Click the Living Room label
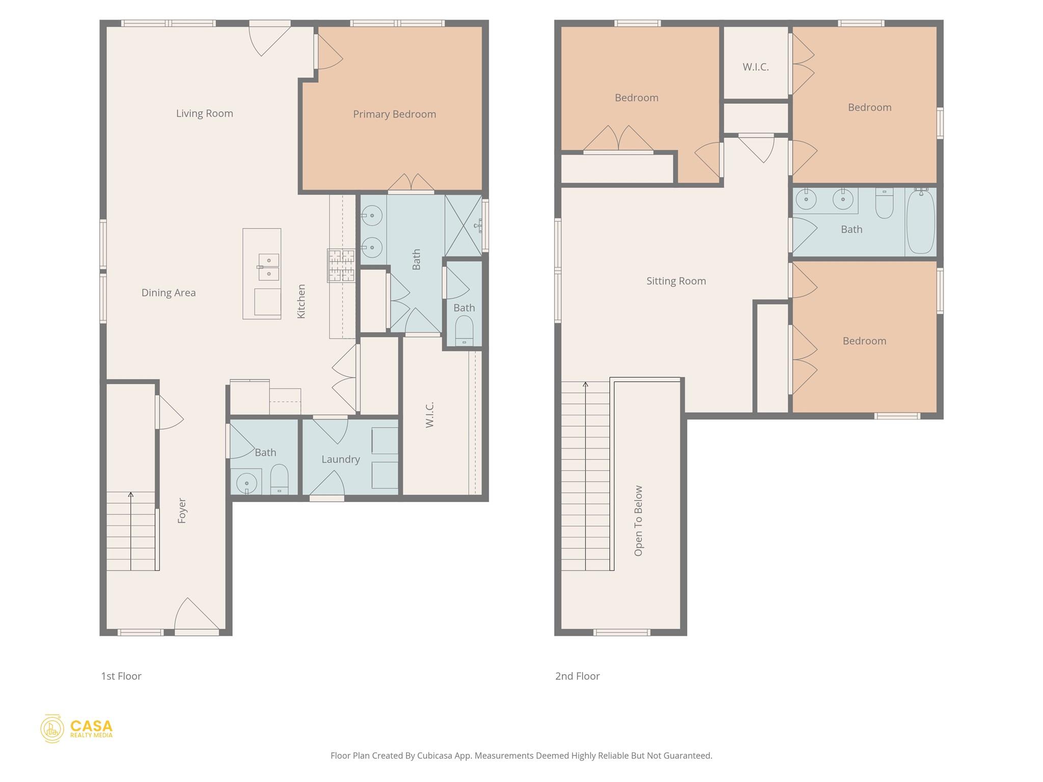pyautogui.click(x=204, y=114)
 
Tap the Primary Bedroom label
pyautogui.click(x=394, y=114)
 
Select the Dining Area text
pyautogui.click(x=168, y=293)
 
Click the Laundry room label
pyautogui.click(x=340, y=459)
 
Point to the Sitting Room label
pyautogui.click(x=676, y=281)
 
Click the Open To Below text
pyautogui.click(x=639, y=520)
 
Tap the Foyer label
pyautogui.click(x=182, y=511)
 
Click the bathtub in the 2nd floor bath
pyautogui.click(x=920, y=222)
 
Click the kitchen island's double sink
pyautogui.click(x=268, y=267)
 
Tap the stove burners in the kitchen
pyautogui.click(x=341, y=265)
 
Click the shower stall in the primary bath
pyautogui.click(x=463, y=226)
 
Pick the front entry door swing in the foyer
pyautogui.click(x=196, y=615)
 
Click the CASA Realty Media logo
pyautogui.click(x=77, y=729)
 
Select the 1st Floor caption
pyautogui.click(x=121, y=676)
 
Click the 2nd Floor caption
pyautogui.click(x=577, y=676)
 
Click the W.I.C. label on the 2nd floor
pyautogui.click(x=755, y=67)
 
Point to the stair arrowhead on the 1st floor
pyautogui.click(x=131, y=494)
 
